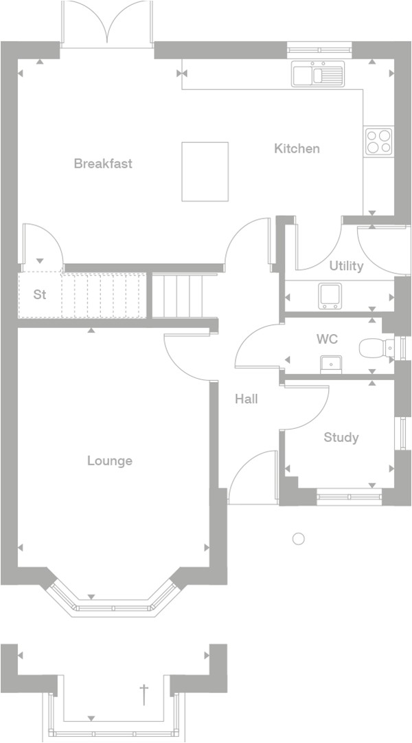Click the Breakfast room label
point(103,164)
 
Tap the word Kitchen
point(297,148)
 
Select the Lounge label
point(110,461)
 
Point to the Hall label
point(247,399)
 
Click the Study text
point(341,438)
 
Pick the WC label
point(327,340)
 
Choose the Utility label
point(346,266)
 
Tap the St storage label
point(40,295)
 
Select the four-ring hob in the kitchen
point(378,141)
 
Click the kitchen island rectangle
point(205,172)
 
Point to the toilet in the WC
point(374,348)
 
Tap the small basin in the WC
point(331,362)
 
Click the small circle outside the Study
point(298,539)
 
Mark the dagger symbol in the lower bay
point(144,694)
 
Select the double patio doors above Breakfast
point(106,25)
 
